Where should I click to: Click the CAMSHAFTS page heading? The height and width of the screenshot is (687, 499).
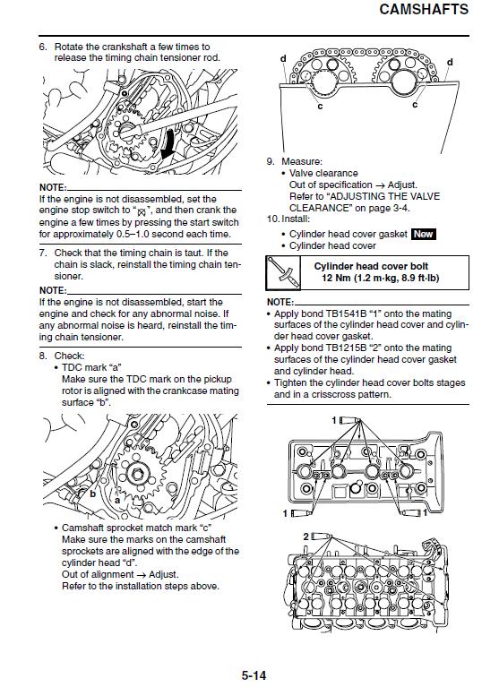click(x=424, y=9)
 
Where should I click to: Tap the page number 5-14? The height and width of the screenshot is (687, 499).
click(x=254, y=675)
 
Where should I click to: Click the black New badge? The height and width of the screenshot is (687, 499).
click(x=423, y=234)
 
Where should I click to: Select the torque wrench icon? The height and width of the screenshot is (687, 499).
click(x=283, y=272)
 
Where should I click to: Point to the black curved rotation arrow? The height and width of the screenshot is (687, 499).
click(x=168, y=143)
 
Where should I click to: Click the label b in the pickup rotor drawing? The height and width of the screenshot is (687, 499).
click(x=93, y=494)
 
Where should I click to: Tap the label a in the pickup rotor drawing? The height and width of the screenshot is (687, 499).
click(x=117, y=500)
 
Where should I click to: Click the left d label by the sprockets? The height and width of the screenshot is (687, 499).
click(x=283, y=58)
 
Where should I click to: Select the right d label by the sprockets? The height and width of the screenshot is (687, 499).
click(x=450, y=62)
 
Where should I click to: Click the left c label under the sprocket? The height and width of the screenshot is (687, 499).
click(x=320, y=106)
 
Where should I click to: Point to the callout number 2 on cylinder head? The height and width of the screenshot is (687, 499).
click(x=306, y=537)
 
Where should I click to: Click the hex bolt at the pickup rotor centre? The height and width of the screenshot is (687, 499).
click(x=135, y=474)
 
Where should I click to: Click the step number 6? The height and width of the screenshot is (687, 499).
click(x=42, y=47)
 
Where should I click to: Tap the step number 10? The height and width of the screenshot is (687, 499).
click(x=273, y=219)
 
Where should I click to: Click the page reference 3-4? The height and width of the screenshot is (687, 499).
click(x=400, y=208)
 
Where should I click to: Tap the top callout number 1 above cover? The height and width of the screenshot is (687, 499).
click(x=334, y=421)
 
